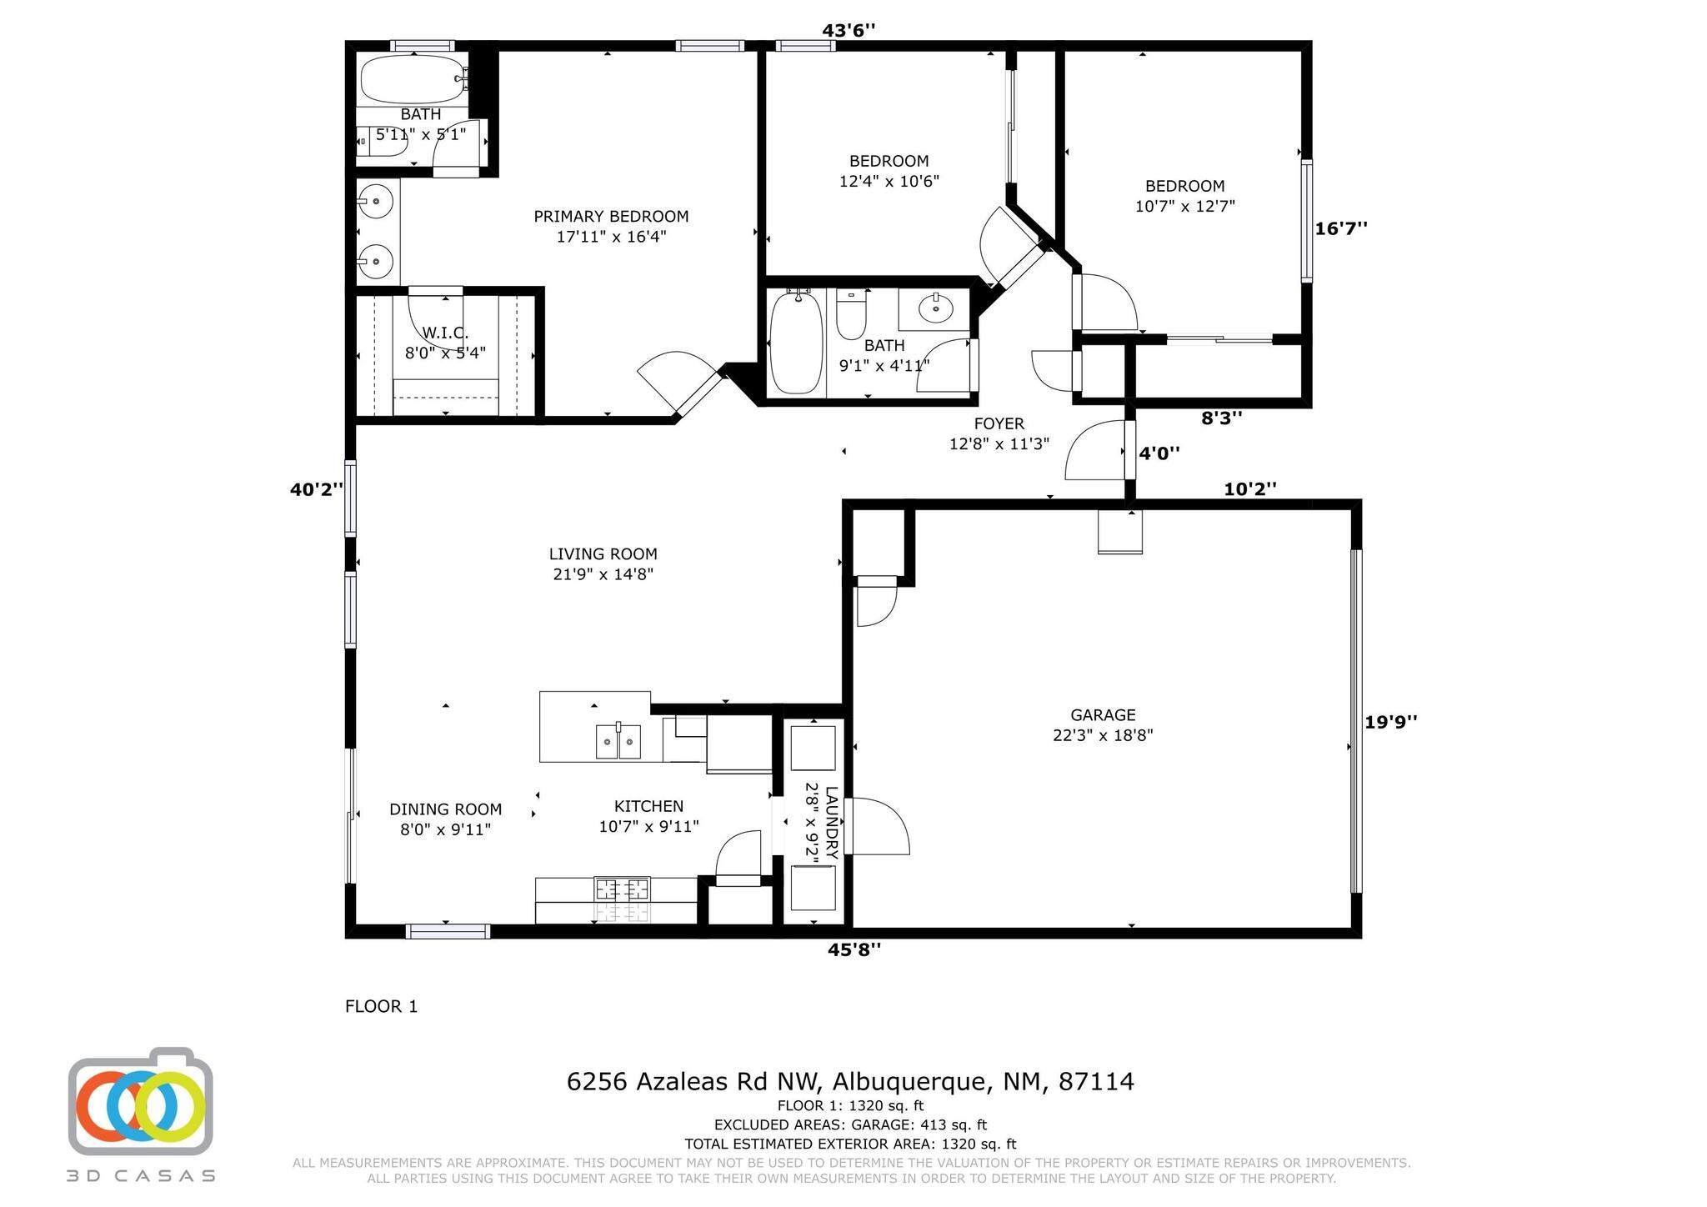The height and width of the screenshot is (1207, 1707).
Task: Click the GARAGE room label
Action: [1103, 715]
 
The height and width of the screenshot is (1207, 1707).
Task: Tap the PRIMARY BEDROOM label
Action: [611, 217]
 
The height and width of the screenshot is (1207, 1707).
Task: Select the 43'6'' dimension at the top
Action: [848, 31]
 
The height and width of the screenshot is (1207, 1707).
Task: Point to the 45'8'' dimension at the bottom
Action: [853, 949]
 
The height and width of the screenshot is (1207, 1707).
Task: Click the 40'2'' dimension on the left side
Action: [317, 490]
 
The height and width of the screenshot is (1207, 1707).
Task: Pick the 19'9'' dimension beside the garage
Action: [1391, 722]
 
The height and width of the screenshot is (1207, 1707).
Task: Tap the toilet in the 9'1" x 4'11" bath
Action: [851, 314]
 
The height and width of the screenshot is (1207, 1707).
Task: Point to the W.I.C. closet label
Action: [445, 333]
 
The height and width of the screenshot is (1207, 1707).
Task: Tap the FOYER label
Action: [999, 424]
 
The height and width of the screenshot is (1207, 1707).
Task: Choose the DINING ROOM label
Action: [445, 809]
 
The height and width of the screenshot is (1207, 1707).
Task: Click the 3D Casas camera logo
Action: [140, 1100]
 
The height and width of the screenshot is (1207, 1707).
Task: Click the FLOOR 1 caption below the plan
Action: [381, 1007]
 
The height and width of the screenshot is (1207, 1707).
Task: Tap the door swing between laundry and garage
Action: [877, 826]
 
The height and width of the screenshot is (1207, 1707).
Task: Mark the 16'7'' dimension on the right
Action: [1341, 228]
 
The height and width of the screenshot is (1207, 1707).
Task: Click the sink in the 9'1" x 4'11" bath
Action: [936, 308]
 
